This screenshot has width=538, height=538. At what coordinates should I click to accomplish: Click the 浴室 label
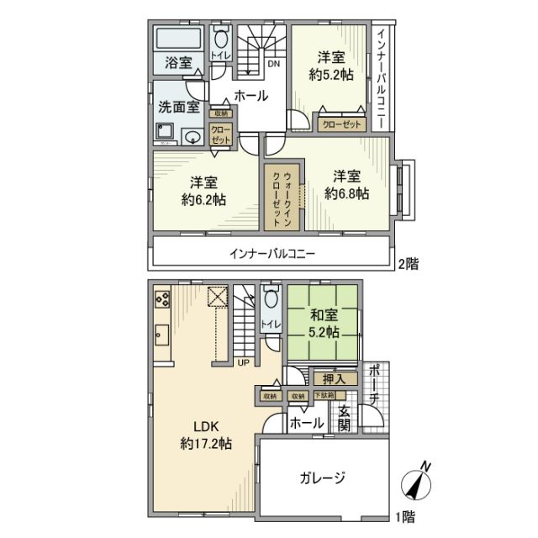(177, 63)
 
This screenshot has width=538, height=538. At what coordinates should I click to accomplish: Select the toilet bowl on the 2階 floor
(220, 38)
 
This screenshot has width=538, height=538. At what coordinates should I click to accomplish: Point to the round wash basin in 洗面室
(193, 137)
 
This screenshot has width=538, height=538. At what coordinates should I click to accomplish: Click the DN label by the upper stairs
(273, 64)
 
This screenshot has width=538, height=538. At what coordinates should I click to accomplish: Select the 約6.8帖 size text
(347, 193)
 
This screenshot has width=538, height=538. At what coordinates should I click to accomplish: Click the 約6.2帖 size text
(203, 200)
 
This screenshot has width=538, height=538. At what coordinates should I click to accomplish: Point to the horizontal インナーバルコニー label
(272, 253)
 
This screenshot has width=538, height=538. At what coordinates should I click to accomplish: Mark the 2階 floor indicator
(407, 264)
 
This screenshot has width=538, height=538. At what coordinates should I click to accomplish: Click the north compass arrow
(417, 483)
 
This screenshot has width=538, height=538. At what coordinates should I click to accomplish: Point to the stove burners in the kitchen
(162, 298)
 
